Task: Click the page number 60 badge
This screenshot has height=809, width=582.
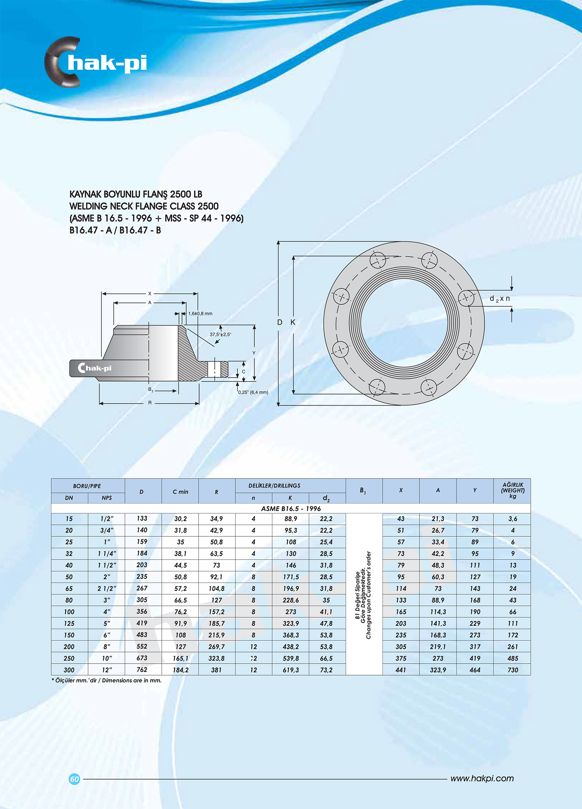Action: pyautogui.click(x=74, y=779)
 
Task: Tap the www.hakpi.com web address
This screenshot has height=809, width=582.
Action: pyautogui.click(x=482, y=778)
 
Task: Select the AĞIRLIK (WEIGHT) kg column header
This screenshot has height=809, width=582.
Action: pyautogui.click(x=513, y=491)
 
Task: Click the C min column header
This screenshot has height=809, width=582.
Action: pyautogui.click(x=180, y=492)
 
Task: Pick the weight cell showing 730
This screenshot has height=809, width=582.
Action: pyautogui.click(x=513, y=670)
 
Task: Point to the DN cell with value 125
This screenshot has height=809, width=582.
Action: pyautogui.click(x=69, y=623)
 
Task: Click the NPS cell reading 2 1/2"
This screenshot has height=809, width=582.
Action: pyautogui.click(x=107, y=588)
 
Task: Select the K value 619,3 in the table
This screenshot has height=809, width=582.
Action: pyautogui.click(x=291, y=670)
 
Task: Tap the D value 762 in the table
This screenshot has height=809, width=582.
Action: pyautogui.click(x=142, y=669)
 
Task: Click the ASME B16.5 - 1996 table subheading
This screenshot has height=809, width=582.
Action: pyautogui.click(x=291, y=508)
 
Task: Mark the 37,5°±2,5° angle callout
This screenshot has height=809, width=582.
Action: pyautogui.click(x=220, y=334)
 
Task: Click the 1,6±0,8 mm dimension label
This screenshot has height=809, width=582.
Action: pyautogui.click(x=200, y=313)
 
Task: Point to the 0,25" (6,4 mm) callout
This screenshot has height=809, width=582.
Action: pyautogui.click(x=253, y=392)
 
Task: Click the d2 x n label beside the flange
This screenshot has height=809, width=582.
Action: pyautogui.click(x=500, y=299)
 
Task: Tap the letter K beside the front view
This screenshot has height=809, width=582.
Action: pyautogui.click(x=293, y=322)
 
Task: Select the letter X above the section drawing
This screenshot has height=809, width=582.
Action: pyautogui.click(x=150, y=294)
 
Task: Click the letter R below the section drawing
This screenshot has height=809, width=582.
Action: pyautogui.click(x=150, y=403)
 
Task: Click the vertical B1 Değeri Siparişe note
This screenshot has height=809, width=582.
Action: pyautogui.click(x=364, y=595)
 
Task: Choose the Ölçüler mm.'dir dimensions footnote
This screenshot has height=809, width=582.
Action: pyautogui.click(x=107, y=680)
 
